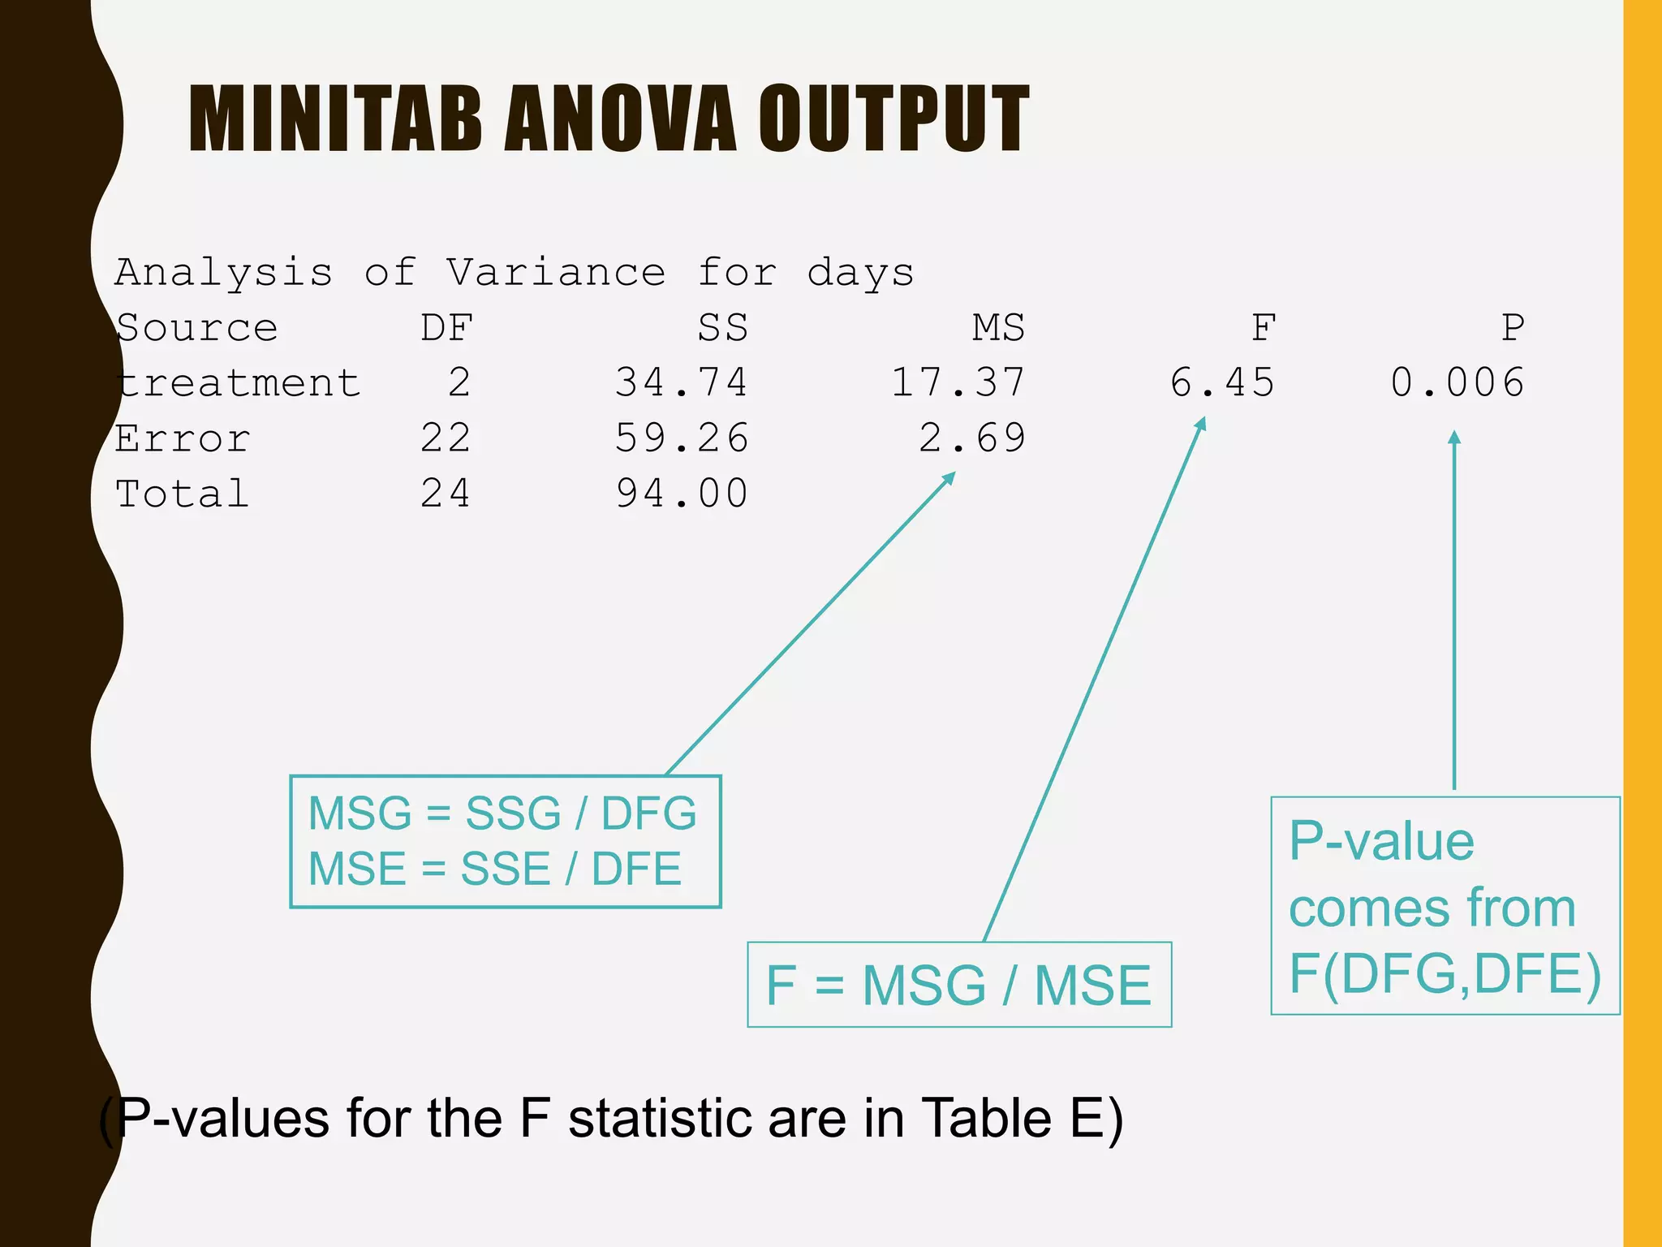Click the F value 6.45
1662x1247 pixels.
coord(1222,382)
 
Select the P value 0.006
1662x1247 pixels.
coord(1457,382)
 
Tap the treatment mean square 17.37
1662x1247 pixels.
coord(958,382)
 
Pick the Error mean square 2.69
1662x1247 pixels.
coord(972,438)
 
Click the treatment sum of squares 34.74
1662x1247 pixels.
coord(681,382)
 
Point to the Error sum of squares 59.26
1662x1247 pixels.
coord(682,438)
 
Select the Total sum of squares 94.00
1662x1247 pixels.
coord(682,494)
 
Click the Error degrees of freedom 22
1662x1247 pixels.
coord(446,438)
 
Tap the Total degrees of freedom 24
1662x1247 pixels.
coord(446,494)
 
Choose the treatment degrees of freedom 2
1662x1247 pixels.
coord(459,382)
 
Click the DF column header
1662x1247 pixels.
coord(446,328)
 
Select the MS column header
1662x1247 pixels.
coord(999,328)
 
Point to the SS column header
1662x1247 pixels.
coord(722,328)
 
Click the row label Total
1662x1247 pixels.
coord(182,494)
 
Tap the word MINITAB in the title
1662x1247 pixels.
coord(335,119)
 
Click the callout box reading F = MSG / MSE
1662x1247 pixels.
coord(958,985)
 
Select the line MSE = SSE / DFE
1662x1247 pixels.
coord(495,869)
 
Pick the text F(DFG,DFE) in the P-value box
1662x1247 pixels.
coord(1445,973)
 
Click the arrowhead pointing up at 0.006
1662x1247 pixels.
coord(1454,437)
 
